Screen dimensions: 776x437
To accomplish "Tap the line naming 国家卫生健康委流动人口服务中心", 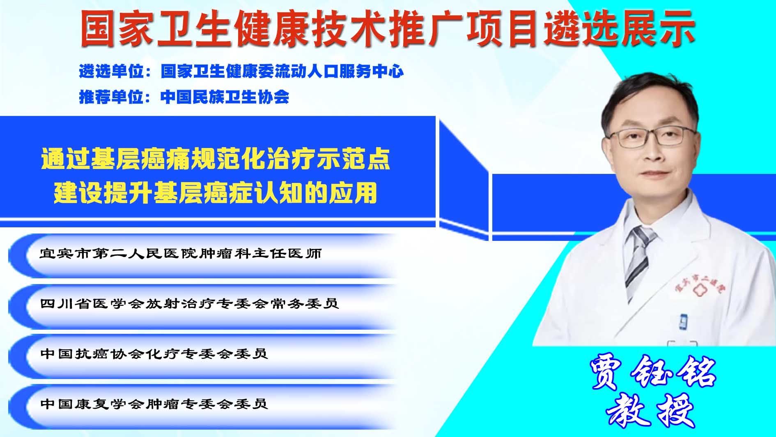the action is (282, 72).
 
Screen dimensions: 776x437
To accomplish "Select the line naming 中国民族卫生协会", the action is (225, 97).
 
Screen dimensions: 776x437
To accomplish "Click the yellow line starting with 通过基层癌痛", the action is (216, 159).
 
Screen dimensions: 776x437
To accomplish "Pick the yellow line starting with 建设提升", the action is (216, 192).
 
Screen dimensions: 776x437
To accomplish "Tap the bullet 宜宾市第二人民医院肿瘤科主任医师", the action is (181, 253).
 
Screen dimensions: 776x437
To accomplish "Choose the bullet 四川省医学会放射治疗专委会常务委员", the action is (189, 303).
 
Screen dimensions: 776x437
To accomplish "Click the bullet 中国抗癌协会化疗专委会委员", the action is (154, 354).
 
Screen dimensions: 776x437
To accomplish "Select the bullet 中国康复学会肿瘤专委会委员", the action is (154, 404).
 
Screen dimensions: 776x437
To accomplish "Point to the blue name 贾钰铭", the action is (653, 372).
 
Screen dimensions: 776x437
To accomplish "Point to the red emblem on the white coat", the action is (698, 289).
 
